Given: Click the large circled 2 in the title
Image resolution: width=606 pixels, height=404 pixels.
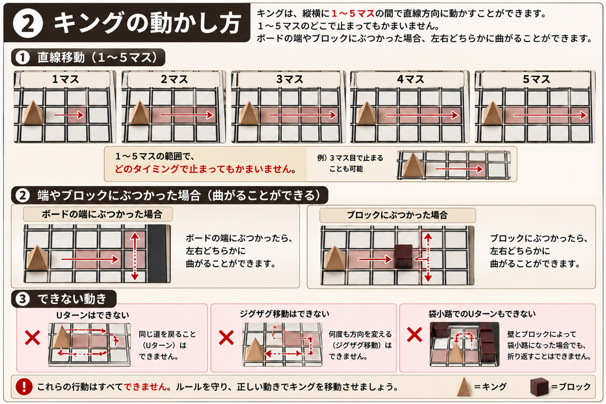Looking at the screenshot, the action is click(x=27, y=23).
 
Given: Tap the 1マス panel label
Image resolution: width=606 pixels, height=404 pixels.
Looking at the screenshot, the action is click(x=65, y=80).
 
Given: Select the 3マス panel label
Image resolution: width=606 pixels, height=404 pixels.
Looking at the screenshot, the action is click(x=289, y=80).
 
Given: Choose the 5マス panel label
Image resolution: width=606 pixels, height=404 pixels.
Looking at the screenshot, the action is click(x=536, y=80).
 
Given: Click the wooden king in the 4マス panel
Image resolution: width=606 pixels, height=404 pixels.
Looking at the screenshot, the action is click(x=366, y=112).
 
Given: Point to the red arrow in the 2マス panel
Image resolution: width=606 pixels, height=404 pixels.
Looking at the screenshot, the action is click(x=186, y=115).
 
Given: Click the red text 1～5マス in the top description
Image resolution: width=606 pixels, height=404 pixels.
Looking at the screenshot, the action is click(x=353, y=14).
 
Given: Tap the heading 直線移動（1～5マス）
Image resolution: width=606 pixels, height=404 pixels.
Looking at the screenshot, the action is click(x=98, y=57).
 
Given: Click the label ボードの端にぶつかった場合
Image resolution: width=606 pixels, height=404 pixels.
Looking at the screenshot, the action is click(x=102, y=214).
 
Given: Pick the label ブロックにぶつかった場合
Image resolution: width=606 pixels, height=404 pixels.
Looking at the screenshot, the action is click(x=397, y=215).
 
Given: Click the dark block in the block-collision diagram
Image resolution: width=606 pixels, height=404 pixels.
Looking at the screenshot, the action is click(x=404, y=256).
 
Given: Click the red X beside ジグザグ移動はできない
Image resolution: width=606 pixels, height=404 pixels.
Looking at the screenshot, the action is click(x=226, y=338).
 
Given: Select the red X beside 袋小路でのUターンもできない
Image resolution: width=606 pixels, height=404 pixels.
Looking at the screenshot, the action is click(x=414, y=334).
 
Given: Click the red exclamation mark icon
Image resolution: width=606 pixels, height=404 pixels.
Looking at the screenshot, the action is click(x=24, y=386).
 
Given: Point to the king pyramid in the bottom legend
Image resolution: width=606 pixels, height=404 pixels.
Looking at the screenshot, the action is click(x=464, y=387).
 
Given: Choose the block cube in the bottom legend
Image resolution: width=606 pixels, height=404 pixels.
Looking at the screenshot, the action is click(x=539, y=387).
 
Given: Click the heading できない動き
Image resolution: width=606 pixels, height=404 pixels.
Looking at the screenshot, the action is click(x=72, y=299).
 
